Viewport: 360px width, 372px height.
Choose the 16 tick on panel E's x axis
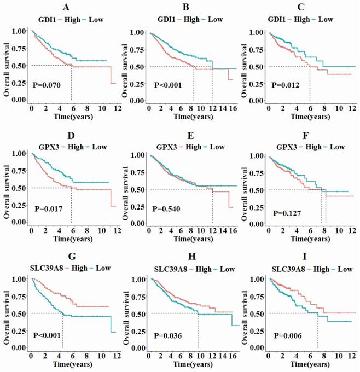pyautogui.click(x=237, y=231)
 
